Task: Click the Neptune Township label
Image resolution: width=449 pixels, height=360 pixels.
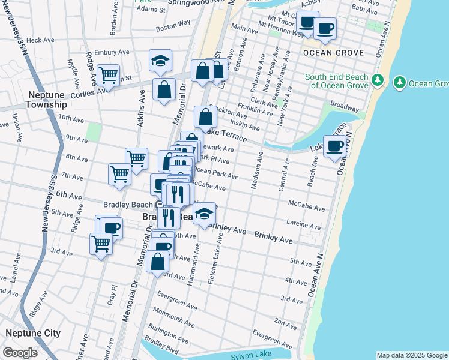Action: [x=46, y=100]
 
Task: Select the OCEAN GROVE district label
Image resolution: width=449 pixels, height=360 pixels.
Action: [x=333, y=53]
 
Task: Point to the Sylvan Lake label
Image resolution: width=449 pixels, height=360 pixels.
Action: [x=250, y=356]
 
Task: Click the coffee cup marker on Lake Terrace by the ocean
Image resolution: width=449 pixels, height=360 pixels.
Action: [x=334, y=146]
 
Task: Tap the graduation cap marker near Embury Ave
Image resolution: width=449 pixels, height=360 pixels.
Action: [x=160, y=61]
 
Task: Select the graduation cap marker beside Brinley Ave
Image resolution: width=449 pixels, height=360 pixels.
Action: [x=204, y=214]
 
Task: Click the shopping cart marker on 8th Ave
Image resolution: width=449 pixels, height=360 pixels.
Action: [x=137, y=159]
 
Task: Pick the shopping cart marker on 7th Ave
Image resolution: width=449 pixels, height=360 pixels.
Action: [x=119, y=174]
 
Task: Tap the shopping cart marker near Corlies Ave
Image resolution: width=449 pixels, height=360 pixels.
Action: [x=108, y=76]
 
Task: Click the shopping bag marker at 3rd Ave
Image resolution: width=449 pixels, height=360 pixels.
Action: [x=157, y=262]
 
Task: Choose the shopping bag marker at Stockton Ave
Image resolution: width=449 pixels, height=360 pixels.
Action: [x=205, y=117]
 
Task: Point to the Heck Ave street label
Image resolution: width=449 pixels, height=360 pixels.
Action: [x=40, y=40]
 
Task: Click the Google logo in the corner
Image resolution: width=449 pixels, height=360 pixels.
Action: [x=20, y=353]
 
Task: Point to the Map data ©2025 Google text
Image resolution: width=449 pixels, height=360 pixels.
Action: [x=411, y=355]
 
